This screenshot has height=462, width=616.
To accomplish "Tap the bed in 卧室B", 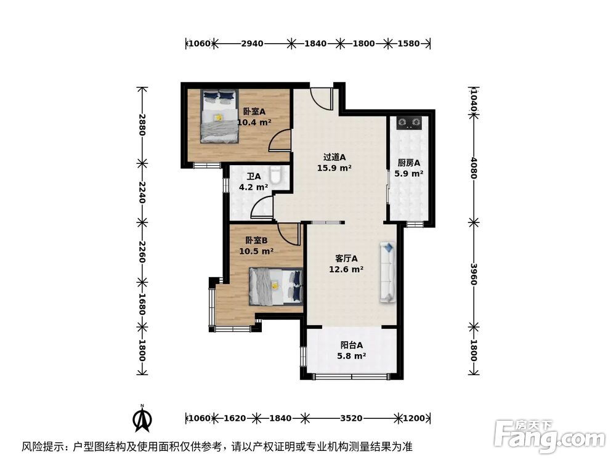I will click(x=276, y=286).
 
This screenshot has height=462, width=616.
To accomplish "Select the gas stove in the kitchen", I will click(x=408, y=124).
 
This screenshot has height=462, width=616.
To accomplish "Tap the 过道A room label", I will click(x=334, y=156).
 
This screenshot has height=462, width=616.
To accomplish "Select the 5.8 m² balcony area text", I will click(x=352, y=356).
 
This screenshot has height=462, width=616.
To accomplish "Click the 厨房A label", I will click(x=408, y=163).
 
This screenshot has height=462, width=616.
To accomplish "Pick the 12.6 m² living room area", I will click(x=348, y=269).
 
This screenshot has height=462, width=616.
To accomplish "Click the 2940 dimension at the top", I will click(x=252, y=44).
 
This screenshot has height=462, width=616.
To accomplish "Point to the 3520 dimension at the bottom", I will click(x=351, y=418).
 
